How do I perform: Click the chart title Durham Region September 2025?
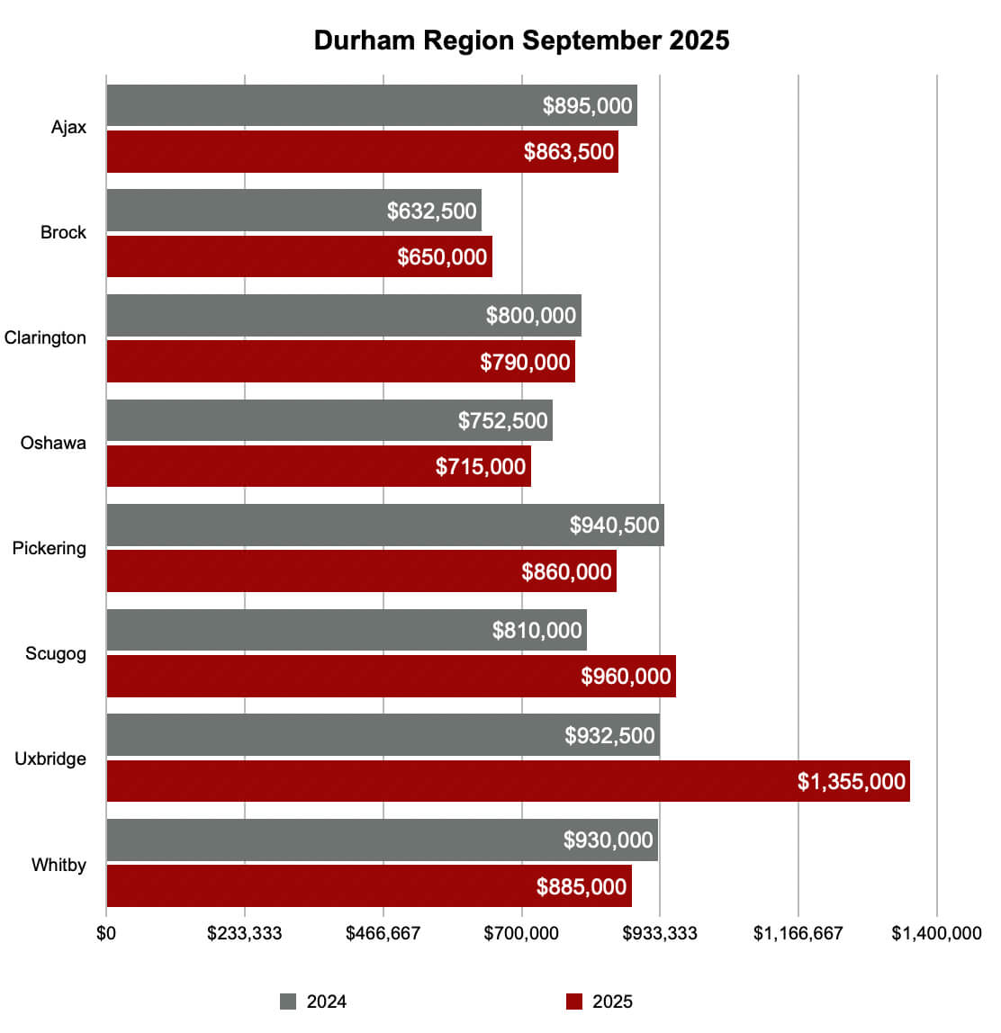(521, 40)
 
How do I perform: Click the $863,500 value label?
(569, 151)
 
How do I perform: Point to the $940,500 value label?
(614, 525)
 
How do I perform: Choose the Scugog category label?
(56, 653)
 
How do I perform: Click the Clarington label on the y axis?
(45, 337)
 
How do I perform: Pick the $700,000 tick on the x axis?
(521, 933)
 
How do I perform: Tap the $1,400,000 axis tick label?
(936, 933)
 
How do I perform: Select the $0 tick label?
(106, 933)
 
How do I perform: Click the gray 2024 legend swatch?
(288, 1002)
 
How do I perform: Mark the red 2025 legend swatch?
(574, 1002)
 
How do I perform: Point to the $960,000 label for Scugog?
(626, 676)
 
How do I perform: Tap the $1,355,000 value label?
(851, 781)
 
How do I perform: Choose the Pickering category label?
(50, 548)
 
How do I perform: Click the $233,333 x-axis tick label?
(244, 933)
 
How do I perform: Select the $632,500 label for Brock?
(431, 211)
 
